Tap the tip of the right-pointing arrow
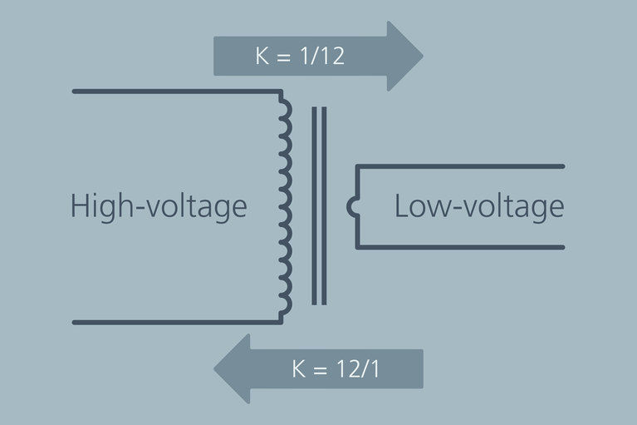click(422, 57)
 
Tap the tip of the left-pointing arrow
click(215, 368)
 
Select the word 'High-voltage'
click(159, 205)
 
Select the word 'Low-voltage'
click(479, 205)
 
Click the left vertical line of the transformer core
click(313, 205)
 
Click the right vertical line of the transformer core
click(324, 205)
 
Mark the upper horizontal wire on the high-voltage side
click(174, 90)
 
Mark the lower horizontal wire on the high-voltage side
click(174, 322)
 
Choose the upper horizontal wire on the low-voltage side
click(461, 166)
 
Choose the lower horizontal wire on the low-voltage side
click(461, 247)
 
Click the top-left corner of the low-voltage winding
click(357, 166)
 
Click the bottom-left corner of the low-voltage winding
click(357, 247)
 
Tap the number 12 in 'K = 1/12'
click(332, 57)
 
